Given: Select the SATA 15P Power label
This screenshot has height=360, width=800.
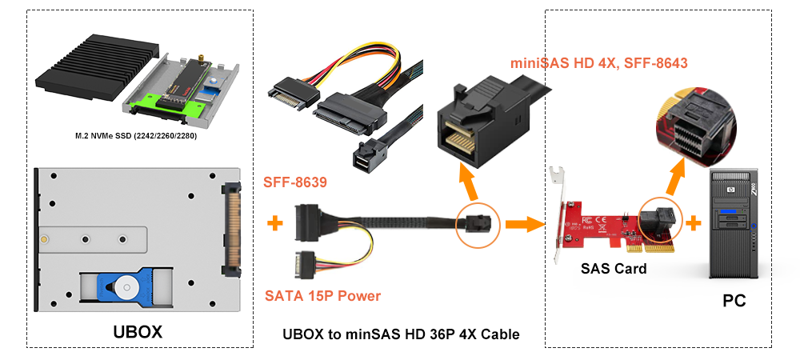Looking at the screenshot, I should (x=322, y=296).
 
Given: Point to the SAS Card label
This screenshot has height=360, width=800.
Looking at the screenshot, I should (x=614, y=269).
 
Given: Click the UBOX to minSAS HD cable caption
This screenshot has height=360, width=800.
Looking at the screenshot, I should (x=401, y=334).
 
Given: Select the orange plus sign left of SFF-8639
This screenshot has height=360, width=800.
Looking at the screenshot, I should (x=274, y=222).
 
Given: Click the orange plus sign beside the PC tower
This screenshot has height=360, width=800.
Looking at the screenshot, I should (x=694, y=221).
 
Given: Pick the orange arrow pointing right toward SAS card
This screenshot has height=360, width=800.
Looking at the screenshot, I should (x=523, y=221).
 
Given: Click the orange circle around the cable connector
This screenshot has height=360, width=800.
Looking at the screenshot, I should (x=478, y=223).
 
